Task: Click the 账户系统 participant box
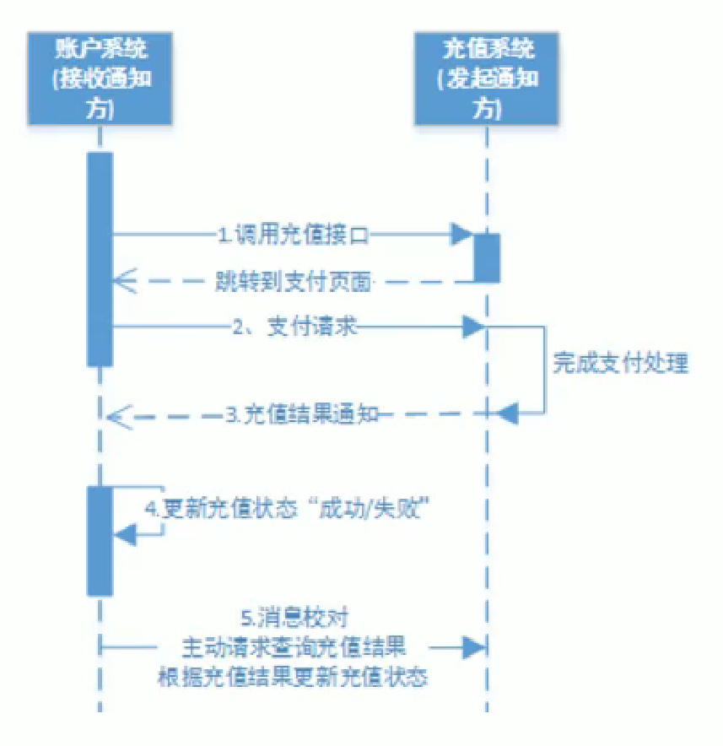[100, 77]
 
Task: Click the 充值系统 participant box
[487, 77]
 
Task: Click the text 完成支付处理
[621, 364]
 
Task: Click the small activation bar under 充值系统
[487, 257]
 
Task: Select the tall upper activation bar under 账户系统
[100, 258]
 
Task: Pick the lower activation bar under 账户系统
[100, 540]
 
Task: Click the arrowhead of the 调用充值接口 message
[461, 235]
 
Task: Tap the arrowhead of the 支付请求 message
[473, 327]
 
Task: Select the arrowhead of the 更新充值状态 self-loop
[125, 532]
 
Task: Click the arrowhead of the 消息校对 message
[474, 647]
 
